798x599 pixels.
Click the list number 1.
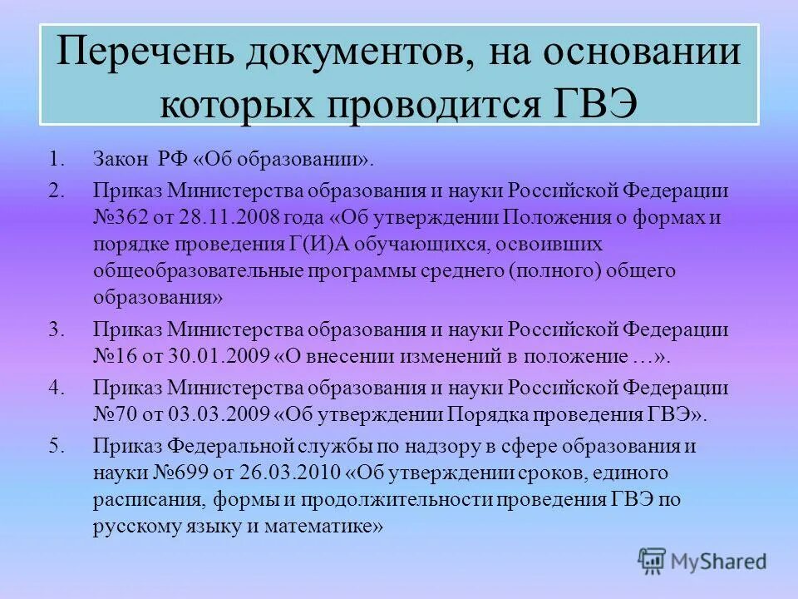click(x=54, y=158)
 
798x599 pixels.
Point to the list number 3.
click(x=54, y=329)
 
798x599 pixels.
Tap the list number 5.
click(x=54, y=446)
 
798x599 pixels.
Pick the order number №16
click(x=114, y=357)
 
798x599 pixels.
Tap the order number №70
click(x=114, y=415)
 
